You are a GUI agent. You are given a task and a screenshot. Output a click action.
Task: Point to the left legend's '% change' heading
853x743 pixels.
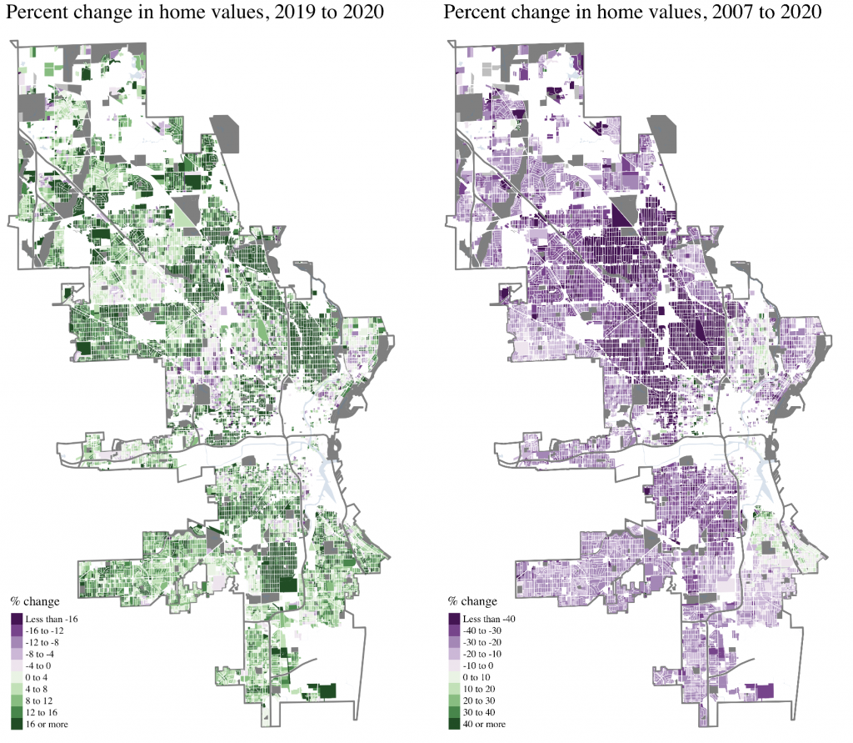[32, 601]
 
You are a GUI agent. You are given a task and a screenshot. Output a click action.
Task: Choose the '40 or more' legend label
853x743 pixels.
[486, 724]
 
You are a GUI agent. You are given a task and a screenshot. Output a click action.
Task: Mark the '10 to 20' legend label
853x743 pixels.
[482, 690]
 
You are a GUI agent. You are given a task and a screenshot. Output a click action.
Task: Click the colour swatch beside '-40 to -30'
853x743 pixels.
[454, 631]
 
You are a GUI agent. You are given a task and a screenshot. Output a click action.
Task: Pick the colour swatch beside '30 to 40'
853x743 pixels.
[454, 713]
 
